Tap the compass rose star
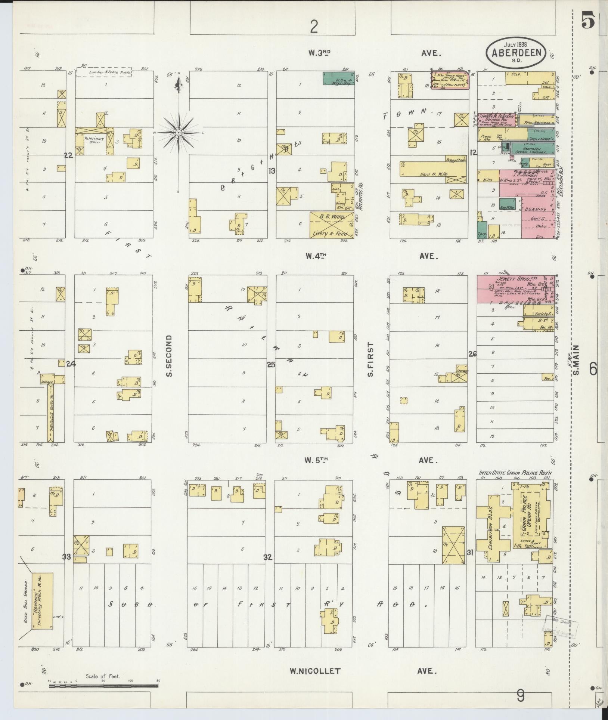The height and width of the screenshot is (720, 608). pos(179,133)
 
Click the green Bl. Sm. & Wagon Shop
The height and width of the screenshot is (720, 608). pos(339,78)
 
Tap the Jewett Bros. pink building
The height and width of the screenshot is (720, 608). pos(515,289)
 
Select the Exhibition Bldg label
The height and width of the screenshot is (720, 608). pos(491,527)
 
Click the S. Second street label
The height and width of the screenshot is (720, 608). pos(169,356)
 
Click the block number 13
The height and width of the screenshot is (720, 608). pos(272,171)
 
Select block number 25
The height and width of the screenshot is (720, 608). pos(271,365)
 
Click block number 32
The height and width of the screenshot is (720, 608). pos(268,557)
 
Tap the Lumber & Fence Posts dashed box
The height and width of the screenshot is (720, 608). pos(105,72)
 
